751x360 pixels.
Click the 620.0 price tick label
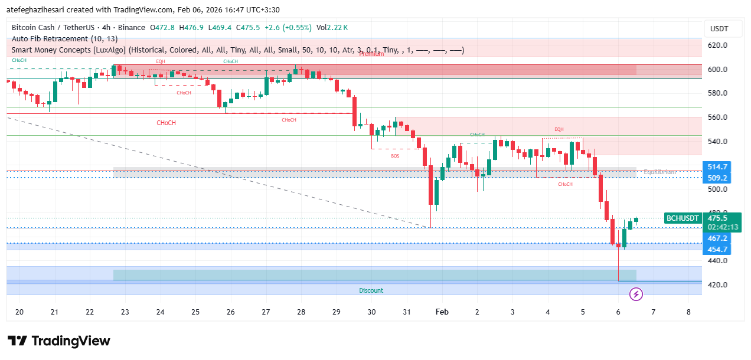tap(718, 45)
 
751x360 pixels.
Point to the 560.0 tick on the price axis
tap(718, 117)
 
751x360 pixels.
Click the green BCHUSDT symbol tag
tap(683, 218)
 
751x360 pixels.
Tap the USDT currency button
tap(719, 29)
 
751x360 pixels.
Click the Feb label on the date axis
tap(442, 312)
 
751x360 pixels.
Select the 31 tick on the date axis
tap(407, 312)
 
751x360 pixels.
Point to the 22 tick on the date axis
tap(90, 312)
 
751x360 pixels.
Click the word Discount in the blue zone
tap(371, 290)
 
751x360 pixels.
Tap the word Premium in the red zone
tap(371, 54)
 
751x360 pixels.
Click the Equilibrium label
tap(659, 172)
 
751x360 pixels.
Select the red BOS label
tap(395, 156)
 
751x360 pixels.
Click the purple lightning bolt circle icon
tap(636, 293)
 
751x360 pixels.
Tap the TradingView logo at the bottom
tap(59, 341)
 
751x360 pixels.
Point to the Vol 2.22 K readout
tap(332, 28)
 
